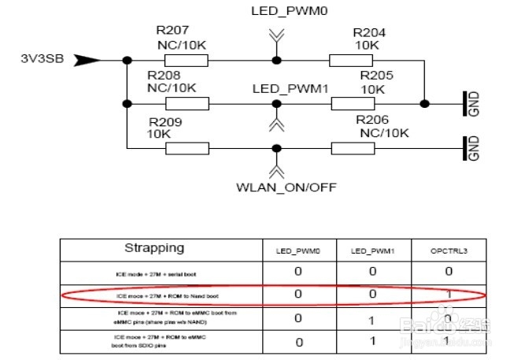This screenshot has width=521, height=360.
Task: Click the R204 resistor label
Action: pos(369,33)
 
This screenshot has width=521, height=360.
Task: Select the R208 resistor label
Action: pos(164,75)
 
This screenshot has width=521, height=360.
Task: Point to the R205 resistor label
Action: pos(376,75)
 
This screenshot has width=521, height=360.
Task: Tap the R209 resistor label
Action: pos(164,122)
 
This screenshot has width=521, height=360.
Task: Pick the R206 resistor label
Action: pos(372,120)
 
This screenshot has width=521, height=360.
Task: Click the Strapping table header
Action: pos(154,247)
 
